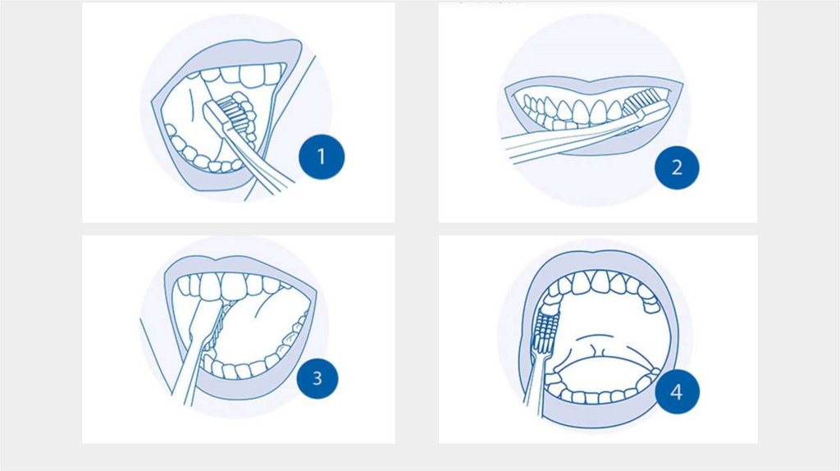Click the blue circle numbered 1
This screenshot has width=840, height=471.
322,157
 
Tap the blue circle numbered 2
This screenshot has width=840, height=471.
677,167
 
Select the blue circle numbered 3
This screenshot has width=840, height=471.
317,378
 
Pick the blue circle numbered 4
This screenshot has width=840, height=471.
677,391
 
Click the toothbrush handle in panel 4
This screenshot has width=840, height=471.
536,383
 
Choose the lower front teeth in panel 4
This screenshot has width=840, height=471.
595,396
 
